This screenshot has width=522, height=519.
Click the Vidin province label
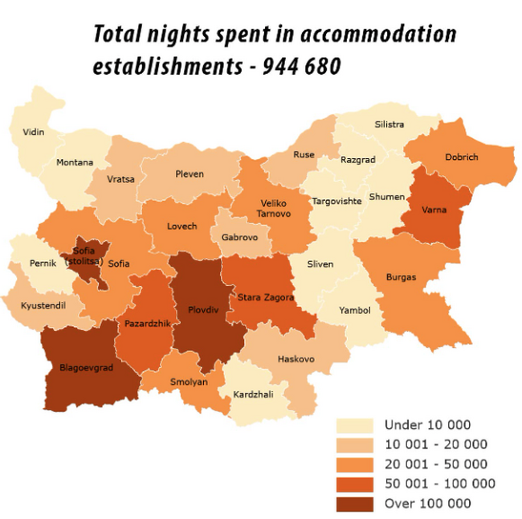coord(34,132)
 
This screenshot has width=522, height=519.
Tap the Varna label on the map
coord(438,210)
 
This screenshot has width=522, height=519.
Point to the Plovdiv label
coord(202,308)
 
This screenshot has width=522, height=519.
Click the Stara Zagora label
coord(266,297)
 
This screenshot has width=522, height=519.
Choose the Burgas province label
coord(401,277)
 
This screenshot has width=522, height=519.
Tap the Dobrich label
coord(462,157)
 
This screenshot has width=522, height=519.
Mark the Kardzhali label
coord(253,394)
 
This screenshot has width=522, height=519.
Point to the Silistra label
coord(389,125)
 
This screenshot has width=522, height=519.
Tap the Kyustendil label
coord(44,305)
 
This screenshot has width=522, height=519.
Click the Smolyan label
coord(188,382)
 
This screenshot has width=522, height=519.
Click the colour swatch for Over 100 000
coord(356,503)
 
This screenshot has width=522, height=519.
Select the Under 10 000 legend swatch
coord(356,425)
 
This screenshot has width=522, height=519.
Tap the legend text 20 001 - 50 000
coord(435,464)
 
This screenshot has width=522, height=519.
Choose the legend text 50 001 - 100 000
coord(439,484)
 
